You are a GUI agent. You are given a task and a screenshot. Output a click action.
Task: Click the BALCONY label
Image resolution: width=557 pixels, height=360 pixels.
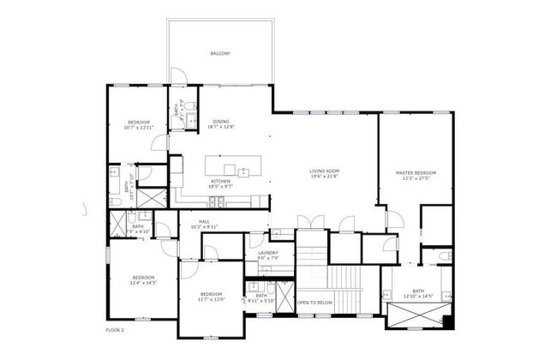(x=220, y=54)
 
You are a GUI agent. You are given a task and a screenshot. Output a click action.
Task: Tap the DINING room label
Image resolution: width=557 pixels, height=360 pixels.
(x=220, y=122)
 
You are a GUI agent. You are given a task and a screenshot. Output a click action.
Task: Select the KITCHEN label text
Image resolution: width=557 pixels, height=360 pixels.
(x=220, y=181)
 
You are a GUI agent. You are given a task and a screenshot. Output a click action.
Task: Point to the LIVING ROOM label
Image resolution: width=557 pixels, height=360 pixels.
(x=325, y=171)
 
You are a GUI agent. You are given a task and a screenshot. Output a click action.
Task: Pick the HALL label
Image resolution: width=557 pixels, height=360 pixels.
(x=205, y=221)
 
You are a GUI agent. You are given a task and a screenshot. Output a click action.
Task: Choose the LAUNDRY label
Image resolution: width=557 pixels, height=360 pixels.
(x=267, y=252)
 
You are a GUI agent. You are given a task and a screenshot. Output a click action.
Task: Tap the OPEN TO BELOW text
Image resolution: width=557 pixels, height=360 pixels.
(x=314, y=303)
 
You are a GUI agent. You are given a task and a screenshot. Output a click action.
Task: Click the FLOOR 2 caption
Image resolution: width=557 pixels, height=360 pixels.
(x=116, y=329)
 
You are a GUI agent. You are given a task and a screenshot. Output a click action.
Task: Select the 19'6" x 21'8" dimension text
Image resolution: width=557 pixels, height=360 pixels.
(x=325, y=177)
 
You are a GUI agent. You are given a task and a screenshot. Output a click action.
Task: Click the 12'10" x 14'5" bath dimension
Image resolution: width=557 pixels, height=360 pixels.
(x=418, y=297)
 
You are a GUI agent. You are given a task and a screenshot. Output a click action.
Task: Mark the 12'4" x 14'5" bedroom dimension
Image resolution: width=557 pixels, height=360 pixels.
(x=143, y=282)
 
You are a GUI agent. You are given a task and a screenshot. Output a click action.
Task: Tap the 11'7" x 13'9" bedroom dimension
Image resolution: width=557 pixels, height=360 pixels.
(x=211, y=298)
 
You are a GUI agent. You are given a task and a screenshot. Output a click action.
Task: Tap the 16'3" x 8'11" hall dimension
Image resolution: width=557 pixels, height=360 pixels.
(x=205, y=226)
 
